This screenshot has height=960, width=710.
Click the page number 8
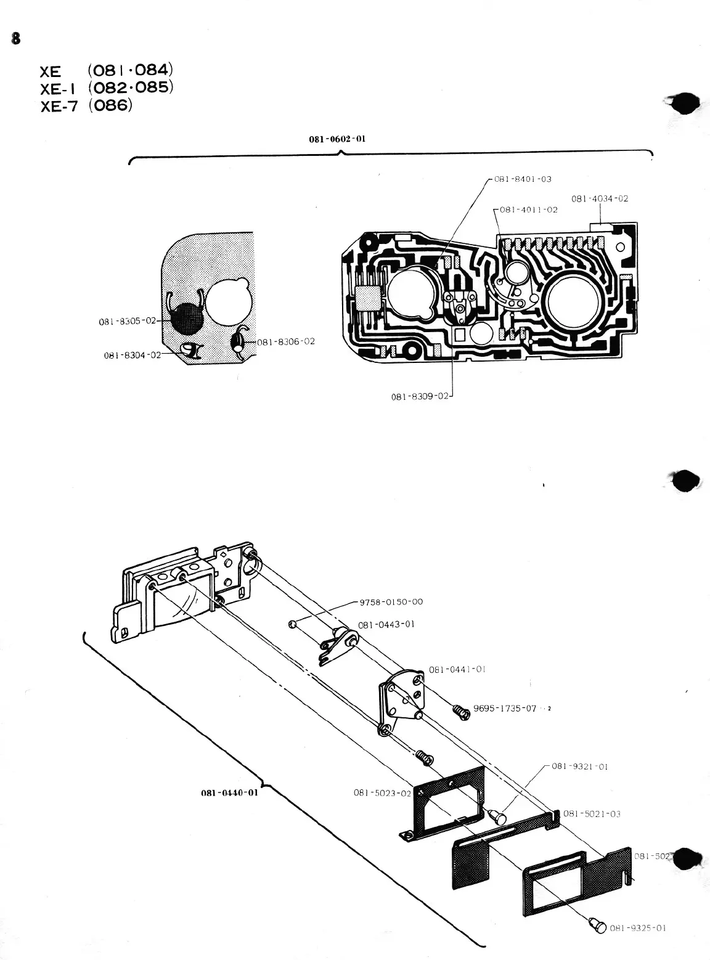click(15, 39)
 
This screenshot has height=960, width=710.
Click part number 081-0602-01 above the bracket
click(337, 139)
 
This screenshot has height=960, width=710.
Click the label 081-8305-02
click(128, 321)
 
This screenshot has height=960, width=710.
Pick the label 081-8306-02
click(285, 341)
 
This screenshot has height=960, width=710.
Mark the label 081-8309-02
click(420, 396)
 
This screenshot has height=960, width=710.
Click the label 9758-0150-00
click(391, 602)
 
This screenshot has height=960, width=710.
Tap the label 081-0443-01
click(386, 624)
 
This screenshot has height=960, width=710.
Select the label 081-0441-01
click(457, 669)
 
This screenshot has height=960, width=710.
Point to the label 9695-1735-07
click(504, 709)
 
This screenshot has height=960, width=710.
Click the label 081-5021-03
click(591, 814)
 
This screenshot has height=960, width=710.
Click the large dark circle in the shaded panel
click(186, 319)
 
